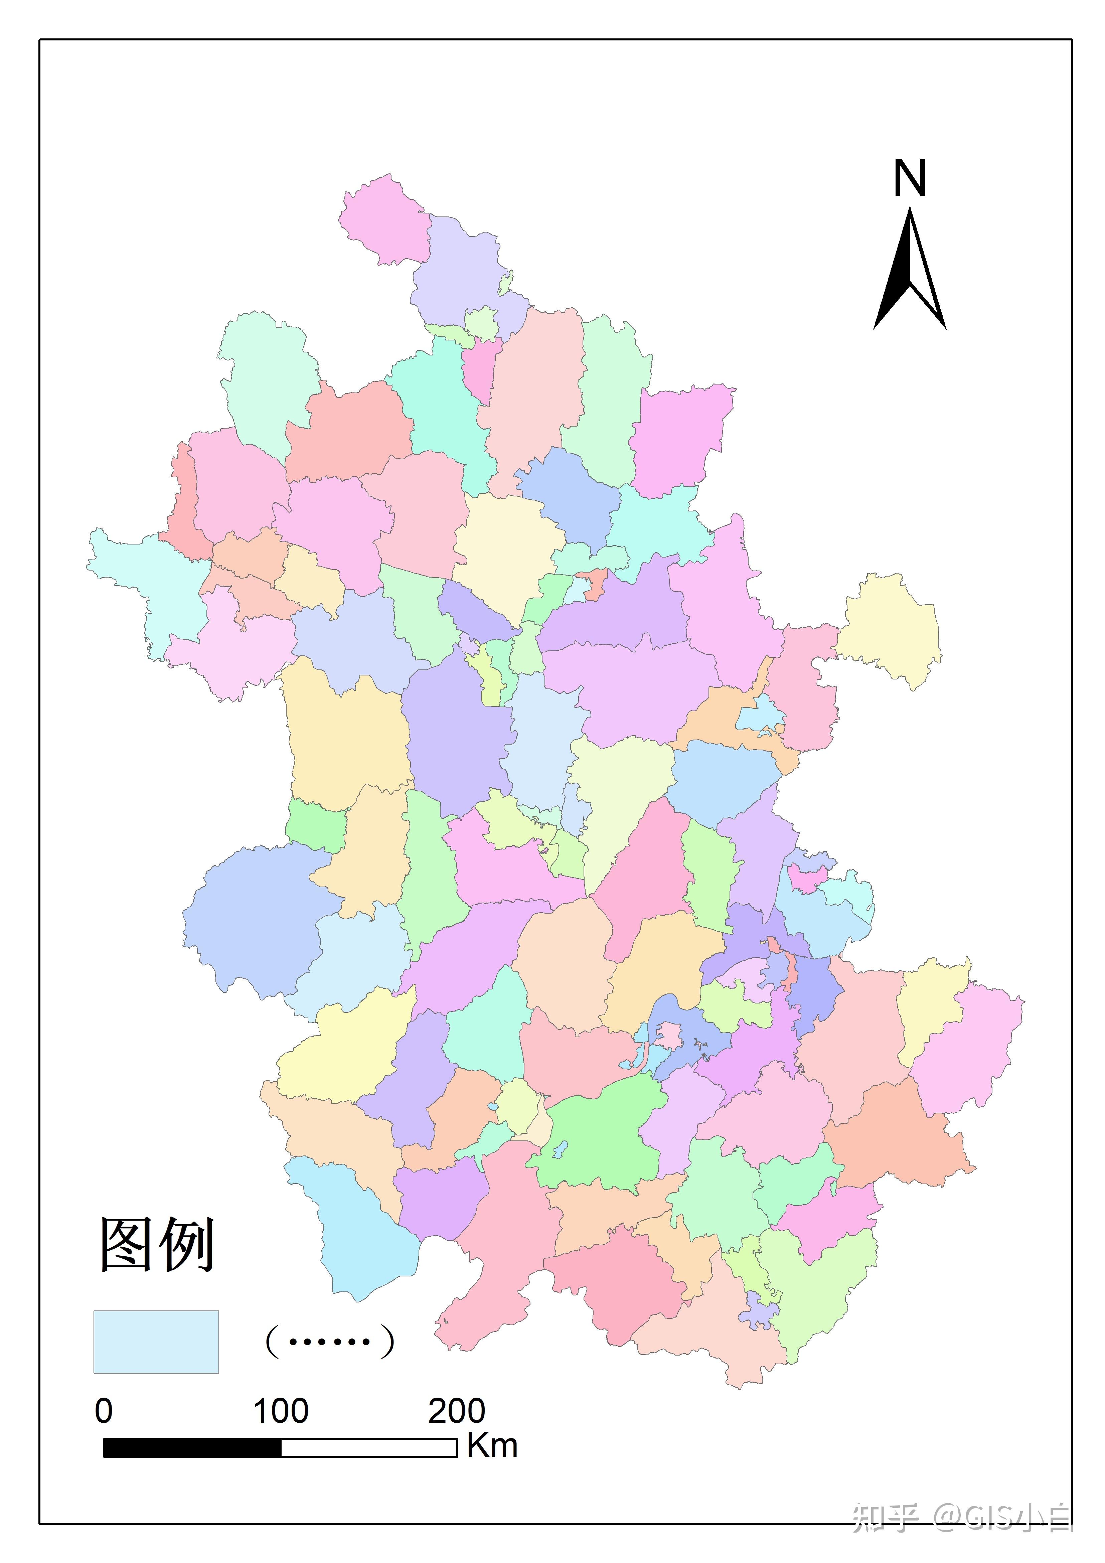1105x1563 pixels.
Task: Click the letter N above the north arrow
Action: coord(910,178)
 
